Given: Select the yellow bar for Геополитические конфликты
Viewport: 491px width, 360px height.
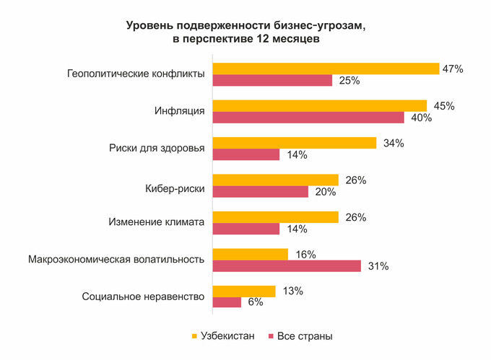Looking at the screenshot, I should [326, 69].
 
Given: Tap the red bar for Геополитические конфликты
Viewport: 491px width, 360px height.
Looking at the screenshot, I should [272, 80].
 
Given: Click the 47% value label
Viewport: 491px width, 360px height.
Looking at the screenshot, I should [453, 69].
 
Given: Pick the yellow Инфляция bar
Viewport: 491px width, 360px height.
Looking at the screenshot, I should [320, 106].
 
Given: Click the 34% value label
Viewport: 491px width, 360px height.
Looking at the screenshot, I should [394, 143].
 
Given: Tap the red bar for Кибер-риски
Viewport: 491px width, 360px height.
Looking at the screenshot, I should [260, 192].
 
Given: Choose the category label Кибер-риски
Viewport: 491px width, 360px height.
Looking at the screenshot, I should [175, 186].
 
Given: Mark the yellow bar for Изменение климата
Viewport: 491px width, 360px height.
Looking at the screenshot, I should [275, 217].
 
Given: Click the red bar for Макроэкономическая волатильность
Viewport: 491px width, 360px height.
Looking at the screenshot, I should [287, 266].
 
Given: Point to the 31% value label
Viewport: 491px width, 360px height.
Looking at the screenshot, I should [378, 266].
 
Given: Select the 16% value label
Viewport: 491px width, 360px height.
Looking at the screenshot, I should [305, 255].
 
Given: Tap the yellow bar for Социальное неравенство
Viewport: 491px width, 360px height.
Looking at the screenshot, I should [244, 291].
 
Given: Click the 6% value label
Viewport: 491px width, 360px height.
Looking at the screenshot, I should [256, 303].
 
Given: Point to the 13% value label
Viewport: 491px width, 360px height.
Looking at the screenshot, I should [292, 291].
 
